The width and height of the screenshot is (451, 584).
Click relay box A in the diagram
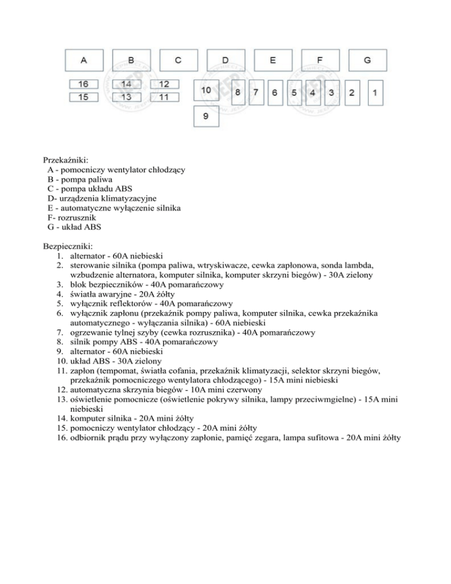coord(84,60)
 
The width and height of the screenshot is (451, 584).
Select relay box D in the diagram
coord(225,60)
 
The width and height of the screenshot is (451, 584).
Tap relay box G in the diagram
coord(367,60)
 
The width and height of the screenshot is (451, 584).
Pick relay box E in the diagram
coord(273,60)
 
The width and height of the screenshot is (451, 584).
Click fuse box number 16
coord(84,84)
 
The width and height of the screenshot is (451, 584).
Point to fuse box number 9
coord(206,116)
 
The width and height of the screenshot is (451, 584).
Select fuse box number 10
coord(206,90)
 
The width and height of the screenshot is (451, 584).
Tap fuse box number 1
coord(375,93)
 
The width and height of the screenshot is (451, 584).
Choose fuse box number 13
coord(126,96)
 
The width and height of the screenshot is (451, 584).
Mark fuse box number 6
coord(274,93)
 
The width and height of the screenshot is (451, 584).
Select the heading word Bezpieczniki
coord(68,246)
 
